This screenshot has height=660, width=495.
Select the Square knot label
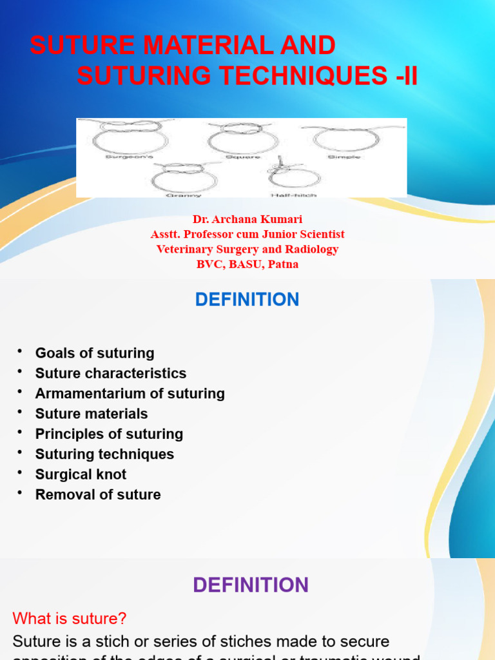pos(243,157)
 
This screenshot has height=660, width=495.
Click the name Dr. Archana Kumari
pos(247,220)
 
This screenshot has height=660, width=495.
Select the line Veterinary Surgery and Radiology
pos(247,249)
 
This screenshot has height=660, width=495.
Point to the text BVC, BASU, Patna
pos(247,264)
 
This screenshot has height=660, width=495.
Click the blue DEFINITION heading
pos(247,300)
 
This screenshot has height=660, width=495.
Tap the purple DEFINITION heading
pos(251,585)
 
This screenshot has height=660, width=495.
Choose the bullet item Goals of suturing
pos(95,353)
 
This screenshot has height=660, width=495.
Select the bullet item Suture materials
pos(92,414)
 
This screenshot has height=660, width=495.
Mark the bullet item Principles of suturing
pos(109,434)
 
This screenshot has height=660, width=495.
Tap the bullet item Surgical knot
pos(81,474)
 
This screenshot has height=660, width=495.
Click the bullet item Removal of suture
pos(98,495)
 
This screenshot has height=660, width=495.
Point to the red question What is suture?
pos(70,619)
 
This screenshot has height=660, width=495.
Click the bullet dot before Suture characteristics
pos(20,372)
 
